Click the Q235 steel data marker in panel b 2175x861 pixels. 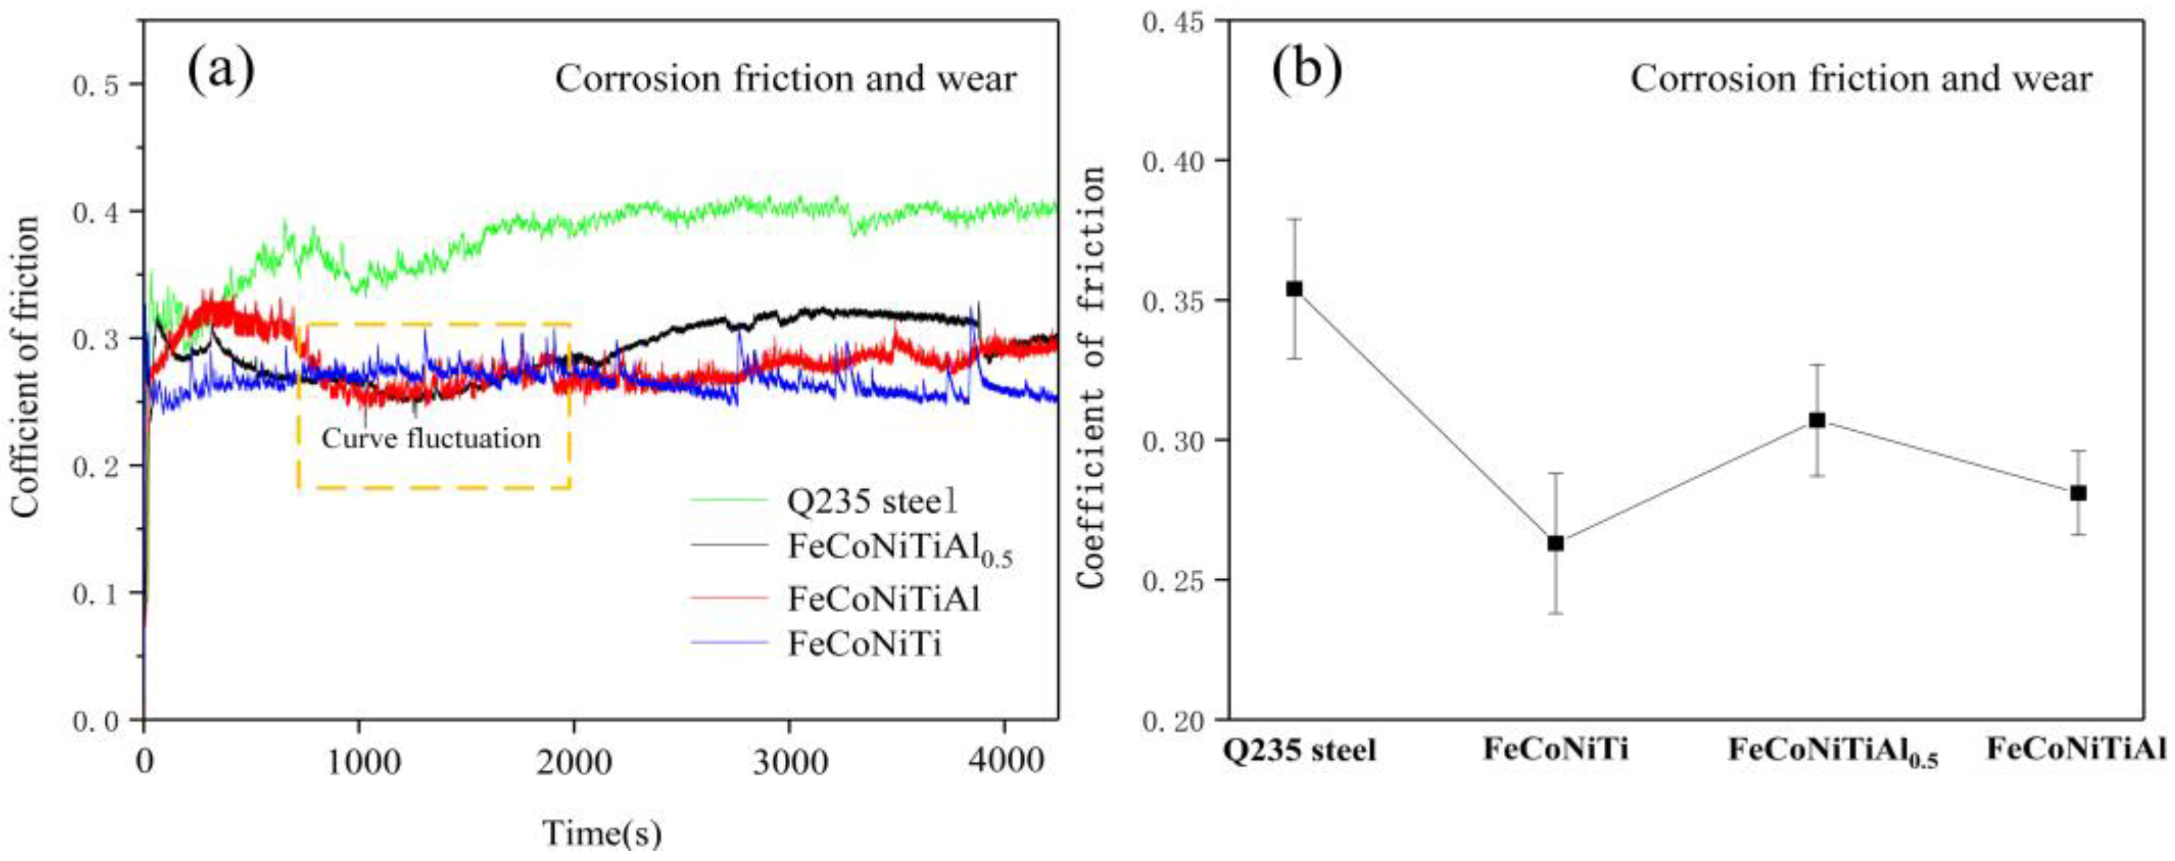1294,289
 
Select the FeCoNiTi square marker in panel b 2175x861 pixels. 1556,544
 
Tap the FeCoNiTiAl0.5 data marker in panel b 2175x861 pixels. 1817,421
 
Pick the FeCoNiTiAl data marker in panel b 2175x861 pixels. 2079,493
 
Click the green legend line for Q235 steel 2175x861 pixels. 730,500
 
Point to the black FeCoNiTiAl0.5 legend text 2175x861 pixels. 899,549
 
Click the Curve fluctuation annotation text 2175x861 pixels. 432,439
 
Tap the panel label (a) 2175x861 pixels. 221,71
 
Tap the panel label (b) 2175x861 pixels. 1307,71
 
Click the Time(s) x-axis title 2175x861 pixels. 602,833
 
